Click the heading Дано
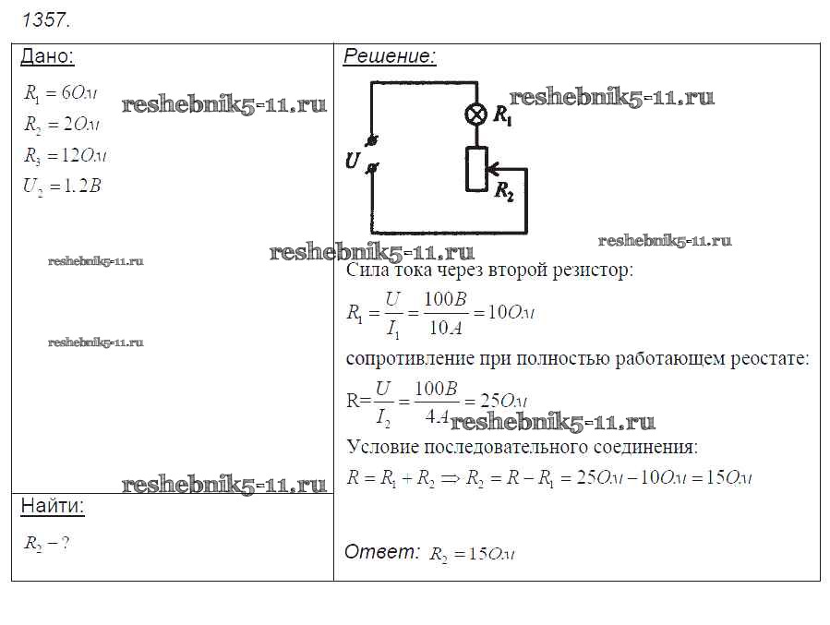coord(46,56)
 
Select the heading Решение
coord(389,56)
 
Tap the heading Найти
coord(52,506)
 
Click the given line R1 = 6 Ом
coord(61,92)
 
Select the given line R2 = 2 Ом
coord(61,124)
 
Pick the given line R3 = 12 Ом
coord(65,154)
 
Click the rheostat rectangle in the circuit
coord(476,169)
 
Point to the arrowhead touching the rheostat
coord(493,169)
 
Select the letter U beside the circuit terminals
coord(352,160)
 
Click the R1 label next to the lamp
coord(504,115)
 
